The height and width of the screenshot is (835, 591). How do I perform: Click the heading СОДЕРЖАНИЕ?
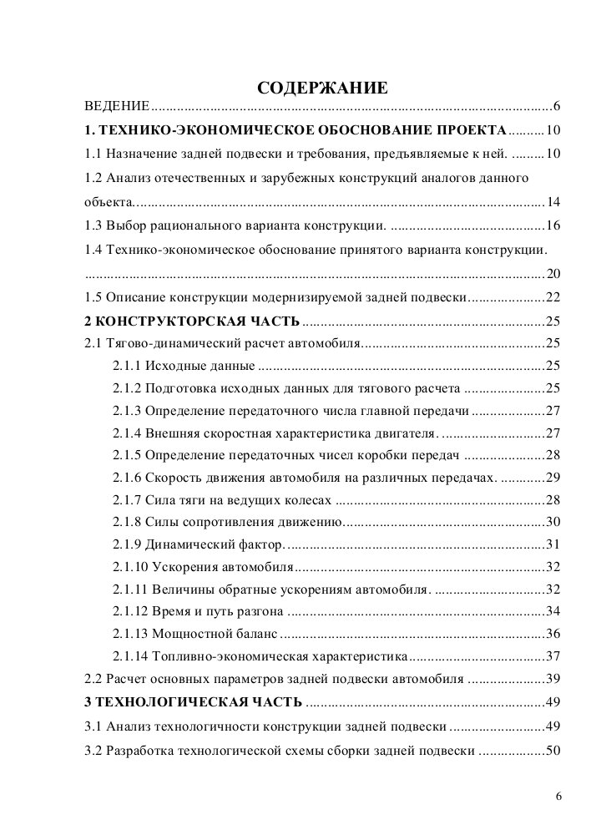click(321, 88)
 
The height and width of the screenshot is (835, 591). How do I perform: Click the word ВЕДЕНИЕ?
click(118, 108)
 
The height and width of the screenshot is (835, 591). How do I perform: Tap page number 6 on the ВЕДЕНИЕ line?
click(556, 108)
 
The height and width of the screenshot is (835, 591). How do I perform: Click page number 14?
click(553, 202)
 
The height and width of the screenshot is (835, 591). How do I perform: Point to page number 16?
click(553, 226)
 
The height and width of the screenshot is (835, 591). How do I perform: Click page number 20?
click(553, 274)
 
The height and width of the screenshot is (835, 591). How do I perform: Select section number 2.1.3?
click(126, 412)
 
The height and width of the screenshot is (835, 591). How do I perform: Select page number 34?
click(553, 611)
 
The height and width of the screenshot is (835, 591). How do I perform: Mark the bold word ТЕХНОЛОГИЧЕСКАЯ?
click(162, 702)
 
